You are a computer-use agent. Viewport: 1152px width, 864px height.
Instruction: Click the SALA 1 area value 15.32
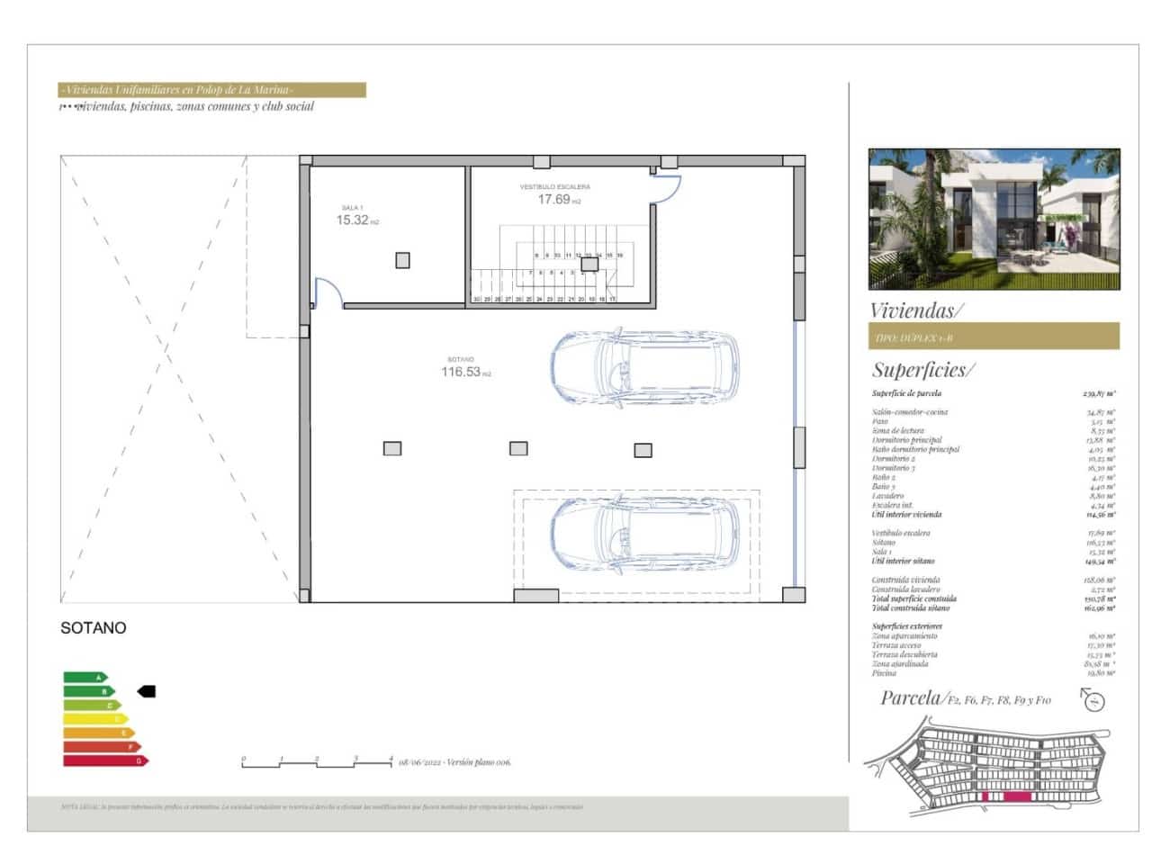click(x=353, y=220)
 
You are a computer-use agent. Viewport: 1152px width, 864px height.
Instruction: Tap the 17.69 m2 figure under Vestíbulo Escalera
click(x=554, y=199)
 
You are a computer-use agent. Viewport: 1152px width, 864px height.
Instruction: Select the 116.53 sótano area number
click(x=461, y=372)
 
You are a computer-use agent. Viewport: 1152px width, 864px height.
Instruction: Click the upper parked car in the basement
click(x=643, y=366)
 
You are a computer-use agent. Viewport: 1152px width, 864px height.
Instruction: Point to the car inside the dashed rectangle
click(x=643, y=536)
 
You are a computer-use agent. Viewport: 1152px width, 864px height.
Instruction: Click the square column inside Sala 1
click(x=402, y=260)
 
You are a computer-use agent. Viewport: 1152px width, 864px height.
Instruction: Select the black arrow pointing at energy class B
click(x=147, y=691)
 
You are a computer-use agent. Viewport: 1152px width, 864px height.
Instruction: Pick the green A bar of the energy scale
click(x=84, y=678)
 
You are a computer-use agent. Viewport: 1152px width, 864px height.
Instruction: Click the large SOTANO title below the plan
click(x=93, y=628)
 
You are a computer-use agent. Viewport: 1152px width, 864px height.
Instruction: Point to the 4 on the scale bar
click(x=391, y=759)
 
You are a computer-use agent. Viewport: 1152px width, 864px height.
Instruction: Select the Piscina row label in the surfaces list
click(x=884, y=673)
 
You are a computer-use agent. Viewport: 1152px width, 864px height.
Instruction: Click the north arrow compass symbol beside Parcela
click(x=1093, y=700)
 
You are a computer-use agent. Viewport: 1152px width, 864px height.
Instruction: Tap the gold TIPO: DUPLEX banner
click(x=994, y=337)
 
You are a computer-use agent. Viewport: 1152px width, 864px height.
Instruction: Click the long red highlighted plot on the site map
click(x=1017, y=796)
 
